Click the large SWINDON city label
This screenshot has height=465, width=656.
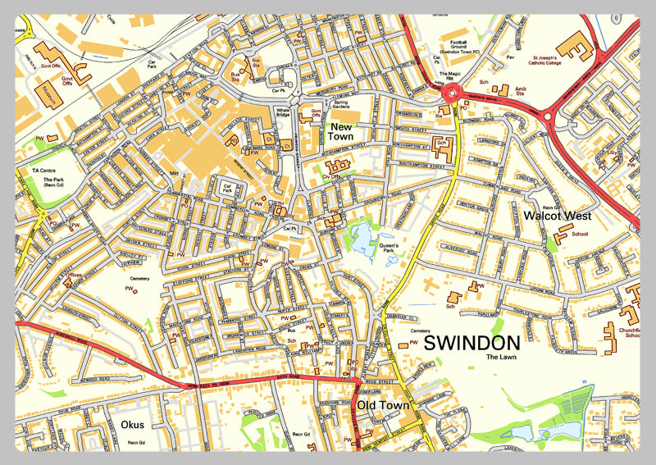click(471, 343)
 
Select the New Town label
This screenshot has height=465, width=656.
click(342, 132)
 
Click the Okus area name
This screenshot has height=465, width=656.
click(132, 425)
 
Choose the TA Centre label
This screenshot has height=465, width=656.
click(42, 170)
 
